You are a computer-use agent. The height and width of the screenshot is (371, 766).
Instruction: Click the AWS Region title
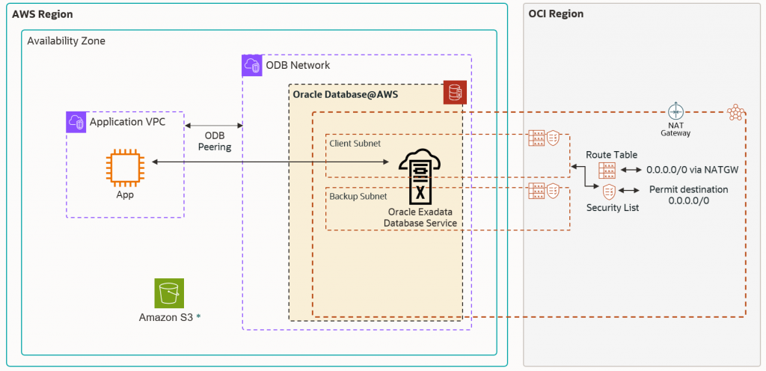(x=42, y=14)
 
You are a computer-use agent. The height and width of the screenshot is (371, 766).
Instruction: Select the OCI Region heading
(x=556, y=14)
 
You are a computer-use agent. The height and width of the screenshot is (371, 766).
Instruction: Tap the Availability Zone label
(x=66, y=41)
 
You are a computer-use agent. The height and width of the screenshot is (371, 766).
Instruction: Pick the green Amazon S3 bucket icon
(x=169, y=293)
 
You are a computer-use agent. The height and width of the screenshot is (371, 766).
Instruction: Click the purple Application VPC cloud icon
(x=76, y=122)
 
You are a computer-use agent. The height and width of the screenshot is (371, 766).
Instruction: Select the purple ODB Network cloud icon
(x=253, y=65)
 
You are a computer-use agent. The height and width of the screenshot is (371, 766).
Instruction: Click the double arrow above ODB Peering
(x=214, y=125)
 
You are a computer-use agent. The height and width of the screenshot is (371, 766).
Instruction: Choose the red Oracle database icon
(x=455, y=93)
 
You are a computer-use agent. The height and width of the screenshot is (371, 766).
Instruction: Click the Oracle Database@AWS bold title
(x=345, y=95)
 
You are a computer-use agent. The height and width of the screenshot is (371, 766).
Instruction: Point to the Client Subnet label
(x=355, y=143)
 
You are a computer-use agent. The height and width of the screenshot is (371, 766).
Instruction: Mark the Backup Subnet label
(x=358, y=196)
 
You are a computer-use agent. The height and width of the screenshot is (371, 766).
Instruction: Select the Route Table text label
(x=611, y=155)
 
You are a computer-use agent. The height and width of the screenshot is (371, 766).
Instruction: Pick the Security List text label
(x=613, y=207)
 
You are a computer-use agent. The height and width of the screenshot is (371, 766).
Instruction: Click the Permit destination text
(x=688, y=189)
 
